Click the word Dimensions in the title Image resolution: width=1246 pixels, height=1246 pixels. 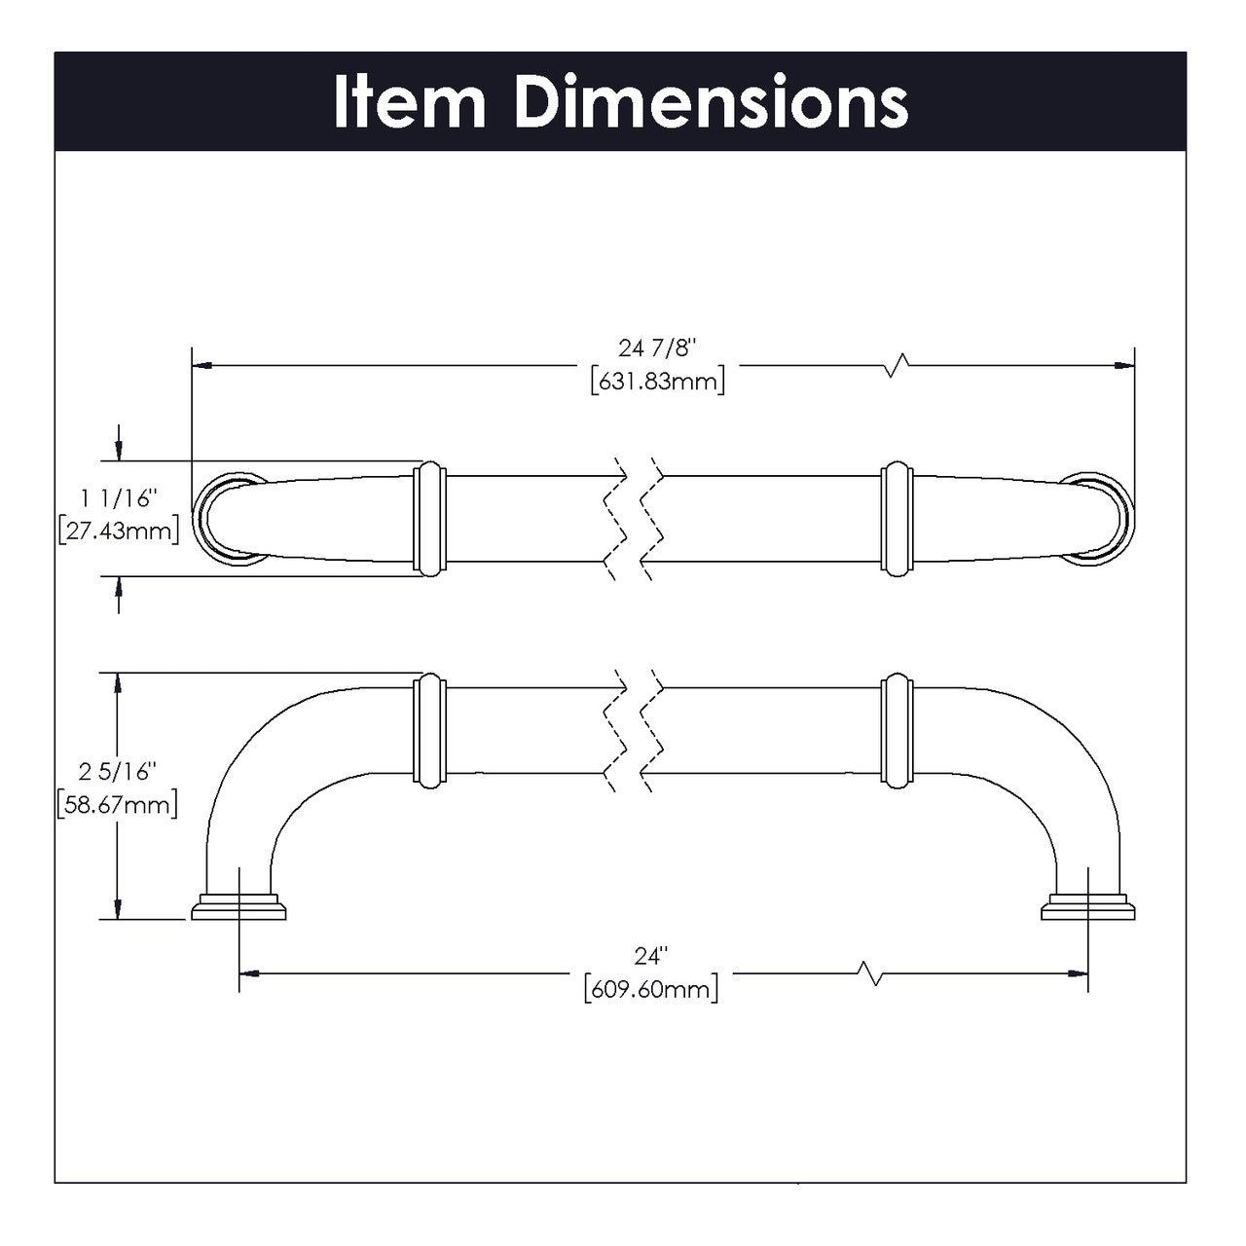click(x=712, y=101)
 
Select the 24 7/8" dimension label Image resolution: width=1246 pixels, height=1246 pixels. click(x=658, y=348)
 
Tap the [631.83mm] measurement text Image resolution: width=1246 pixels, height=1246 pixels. click(x=658, y=382)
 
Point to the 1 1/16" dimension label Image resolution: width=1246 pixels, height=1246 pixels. click(x=119, y=499)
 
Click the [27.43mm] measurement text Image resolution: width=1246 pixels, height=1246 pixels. click(x=119, y=531)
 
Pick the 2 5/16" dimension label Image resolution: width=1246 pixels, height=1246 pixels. click(x=117, y=772)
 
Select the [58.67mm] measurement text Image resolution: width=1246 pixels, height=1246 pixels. click(x=117, y=804)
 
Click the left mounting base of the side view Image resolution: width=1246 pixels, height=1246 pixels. click(x=239, y=906)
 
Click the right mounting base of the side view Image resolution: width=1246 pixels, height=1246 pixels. click(x=1088, y=906)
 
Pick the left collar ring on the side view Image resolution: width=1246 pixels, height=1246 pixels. click(x=429, y=730)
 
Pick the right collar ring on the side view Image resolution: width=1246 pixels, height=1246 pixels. click(x=897, y=730)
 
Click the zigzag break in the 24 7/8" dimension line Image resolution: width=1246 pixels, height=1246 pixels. click(x=897, y=366)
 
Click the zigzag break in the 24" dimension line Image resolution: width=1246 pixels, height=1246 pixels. click(x=870, y=971)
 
